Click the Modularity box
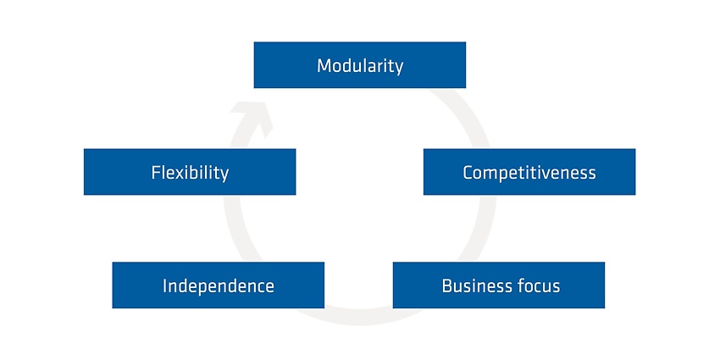click(359, 64)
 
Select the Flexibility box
click(190, 172)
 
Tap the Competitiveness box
click(529, 172)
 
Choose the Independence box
click(218, 285)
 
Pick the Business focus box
click(499, 285)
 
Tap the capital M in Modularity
click(324, 66)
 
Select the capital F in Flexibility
click(156, 173)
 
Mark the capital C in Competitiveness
click(468, 173)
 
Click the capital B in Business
click(447, 285)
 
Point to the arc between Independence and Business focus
click(358, 317)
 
